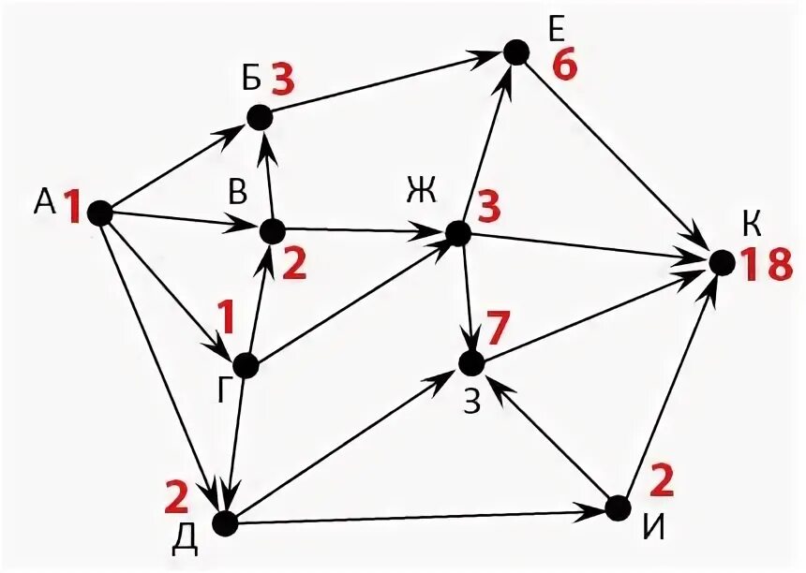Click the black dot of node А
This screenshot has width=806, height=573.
(x=100, y=213)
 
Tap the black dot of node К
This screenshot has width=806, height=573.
(x=721, y=263)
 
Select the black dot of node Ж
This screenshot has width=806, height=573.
(x=457, y=232)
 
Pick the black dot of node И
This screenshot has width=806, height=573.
(x=617, y=508)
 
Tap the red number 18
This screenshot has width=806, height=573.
(x=766, y=265)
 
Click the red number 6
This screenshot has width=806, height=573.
(x=564, y=67)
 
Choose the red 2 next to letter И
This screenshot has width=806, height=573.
(x=661, y=481)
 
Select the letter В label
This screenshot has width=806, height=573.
(x=238, y=191)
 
